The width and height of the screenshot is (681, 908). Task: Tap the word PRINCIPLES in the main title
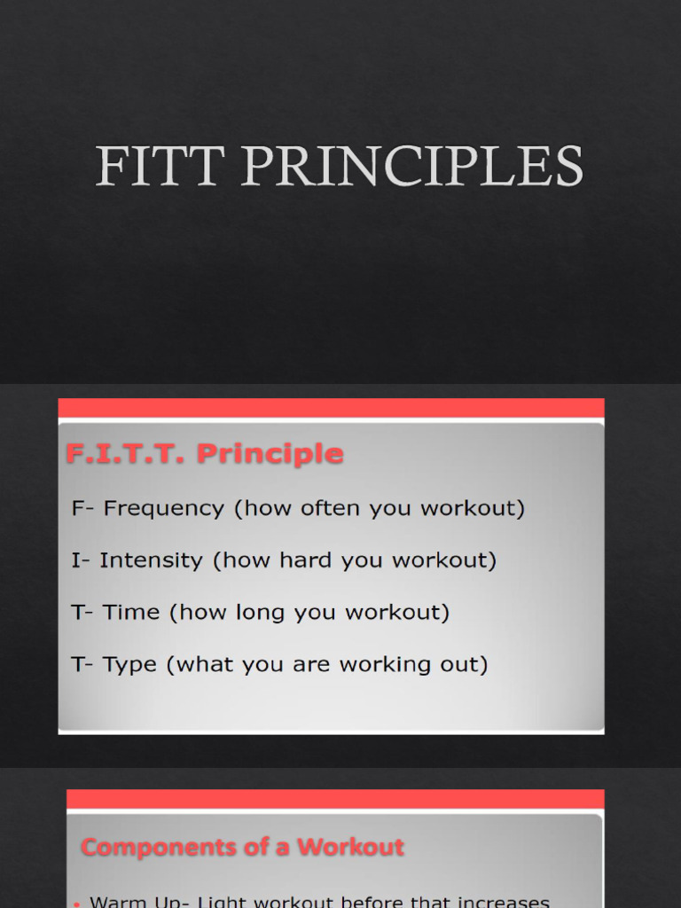point(411,166)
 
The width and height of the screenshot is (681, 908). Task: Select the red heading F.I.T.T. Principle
point(204,454)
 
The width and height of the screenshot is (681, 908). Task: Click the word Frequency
point(164,509)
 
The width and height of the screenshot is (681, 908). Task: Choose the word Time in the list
point(131,612)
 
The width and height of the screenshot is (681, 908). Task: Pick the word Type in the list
point(130,664)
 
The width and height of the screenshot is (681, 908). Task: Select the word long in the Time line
point(317,613)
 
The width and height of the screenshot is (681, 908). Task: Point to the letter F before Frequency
point(78,509)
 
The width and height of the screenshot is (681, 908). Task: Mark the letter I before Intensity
point(74,560)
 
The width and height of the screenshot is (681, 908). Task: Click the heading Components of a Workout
point(242,847)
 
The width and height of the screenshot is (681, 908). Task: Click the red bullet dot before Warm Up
point(77,903)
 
